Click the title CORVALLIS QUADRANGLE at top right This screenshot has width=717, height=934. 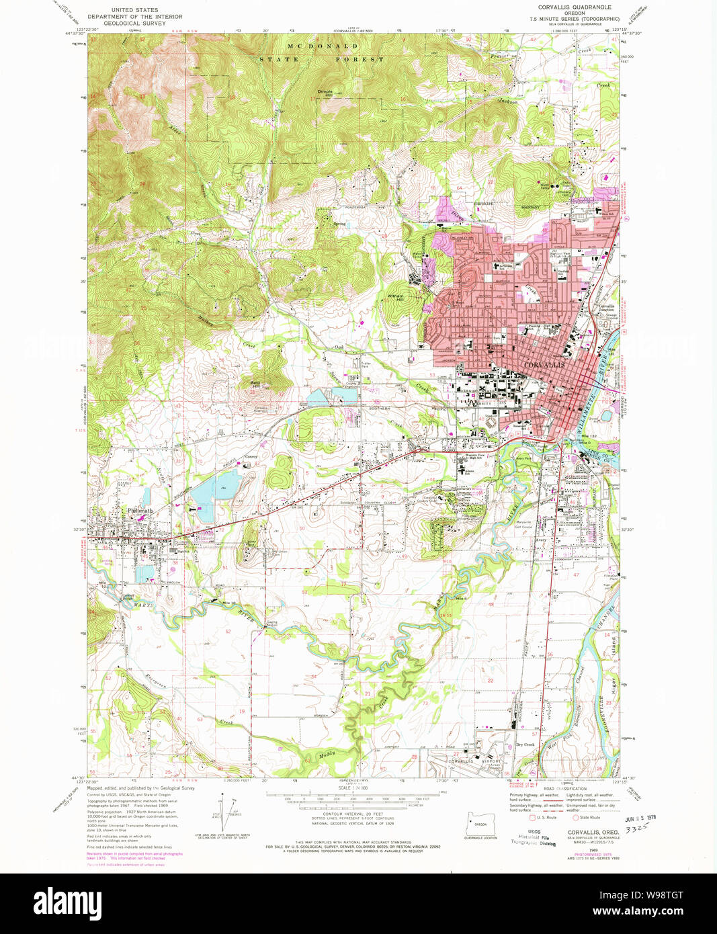[575, 7]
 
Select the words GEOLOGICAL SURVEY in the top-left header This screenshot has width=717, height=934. [134, 23]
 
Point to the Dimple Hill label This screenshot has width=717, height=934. [325, 93]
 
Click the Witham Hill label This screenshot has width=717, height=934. [395, 296]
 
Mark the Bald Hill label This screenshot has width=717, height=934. [255, 384]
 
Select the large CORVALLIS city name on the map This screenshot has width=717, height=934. [545, 364]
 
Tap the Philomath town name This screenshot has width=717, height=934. [140, 511]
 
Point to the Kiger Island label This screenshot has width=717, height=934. [614, 665]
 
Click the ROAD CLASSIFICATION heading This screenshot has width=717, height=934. [564, 789]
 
